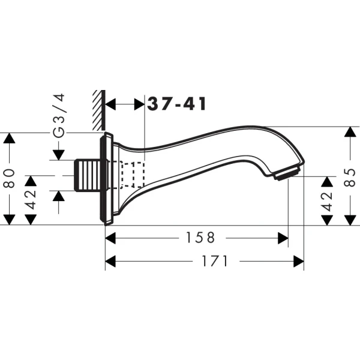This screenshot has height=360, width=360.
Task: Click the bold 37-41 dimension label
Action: point(177,104)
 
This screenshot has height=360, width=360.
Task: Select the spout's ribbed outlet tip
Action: point(287,174)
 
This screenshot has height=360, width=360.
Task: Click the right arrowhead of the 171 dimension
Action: point(298,261)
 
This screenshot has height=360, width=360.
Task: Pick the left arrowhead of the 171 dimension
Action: point(111,261)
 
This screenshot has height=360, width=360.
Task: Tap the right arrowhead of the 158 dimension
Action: point(283,238)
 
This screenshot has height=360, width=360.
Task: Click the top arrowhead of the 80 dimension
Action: point(9,139)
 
